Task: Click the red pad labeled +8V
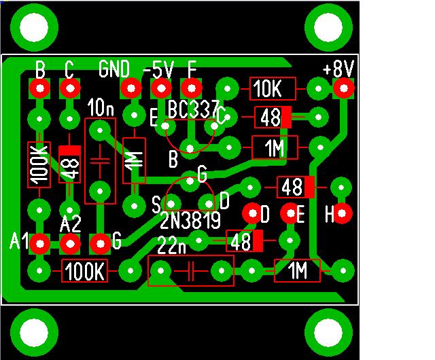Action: coord(344,88)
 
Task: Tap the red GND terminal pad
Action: coord(131,88)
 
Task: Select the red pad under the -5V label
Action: coord(161,88)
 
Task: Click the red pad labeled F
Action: coord(191,88)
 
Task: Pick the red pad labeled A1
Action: coord(40,244)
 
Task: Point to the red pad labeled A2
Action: coord(70,244)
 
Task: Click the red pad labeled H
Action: coord(342,213)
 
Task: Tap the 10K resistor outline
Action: coord(273,89)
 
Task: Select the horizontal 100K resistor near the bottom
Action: coord(84,271)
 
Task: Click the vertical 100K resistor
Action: coord(39,165)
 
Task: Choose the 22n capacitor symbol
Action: coord(191,271)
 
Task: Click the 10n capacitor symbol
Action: coord(100,161)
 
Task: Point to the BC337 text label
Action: coord(193,109)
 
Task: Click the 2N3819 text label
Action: coord(190,221)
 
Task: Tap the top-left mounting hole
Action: coord(34,27)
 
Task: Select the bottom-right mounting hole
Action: coord(328,332)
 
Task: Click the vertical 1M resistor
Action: coord(135,160)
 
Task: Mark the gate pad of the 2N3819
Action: coord(190,181)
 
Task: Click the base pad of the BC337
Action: coord(190,148)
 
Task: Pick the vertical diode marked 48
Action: coord(69,164)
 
